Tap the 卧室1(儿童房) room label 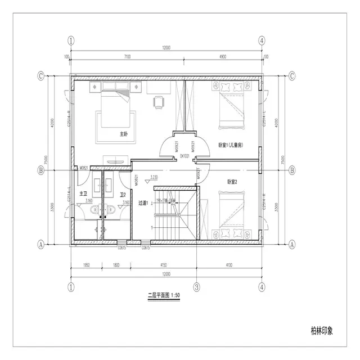coord(230,145)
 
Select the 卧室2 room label coord(232,181)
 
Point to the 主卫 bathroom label coord(82,193)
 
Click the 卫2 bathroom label coord(122,195)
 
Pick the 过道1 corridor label coord(143,203)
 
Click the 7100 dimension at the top coord(127,56)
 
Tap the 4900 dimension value coord(223,56)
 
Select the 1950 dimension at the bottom coord(87,264)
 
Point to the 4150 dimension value coord(163,264)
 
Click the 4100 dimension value coord(229,264)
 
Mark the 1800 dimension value coord(116,264)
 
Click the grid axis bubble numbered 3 coord(196,287)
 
